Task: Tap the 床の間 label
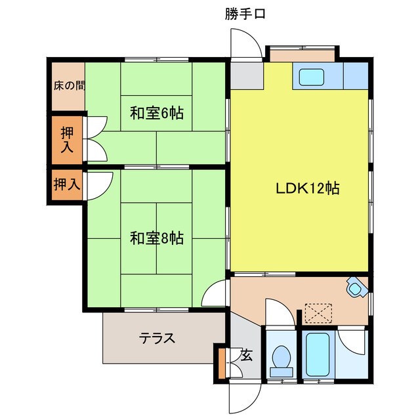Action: pyautogui.click(x=68, y=85)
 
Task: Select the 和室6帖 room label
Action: pyautogui.click(x=156, y=113)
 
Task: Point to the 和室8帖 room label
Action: pyautogui.click(x=156, y=238)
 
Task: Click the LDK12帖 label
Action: pyautogui.click(x=306, y=188)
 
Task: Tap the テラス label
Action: pyautogui.click(x=157, y=339)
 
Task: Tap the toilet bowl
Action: pyautogui.click(x=282, y=358)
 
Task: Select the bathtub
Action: pyautogui.click(x=317, y=354)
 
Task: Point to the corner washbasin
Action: pyautogui.click(x=356, y=287)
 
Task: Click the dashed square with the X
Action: pyautogui.click(x=320, y=312)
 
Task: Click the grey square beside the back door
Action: pyautogui.click(x=245, y=75)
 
